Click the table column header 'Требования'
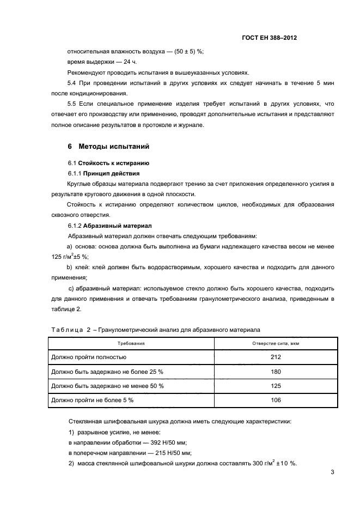pos(131,344)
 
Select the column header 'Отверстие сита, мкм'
pos(276,344)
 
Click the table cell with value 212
pos(276,357)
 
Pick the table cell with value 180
pos(276,372)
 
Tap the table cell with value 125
pos(276,386)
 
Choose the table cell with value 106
pos(276,400)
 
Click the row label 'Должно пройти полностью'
pos(88,357)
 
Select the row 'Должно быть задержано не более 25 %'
pos(107,372)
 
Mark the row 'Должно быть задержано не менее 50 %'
pos(107,386)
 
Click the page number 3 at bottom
pos(332,473)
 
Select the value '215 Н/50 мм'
pos(173,453)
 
